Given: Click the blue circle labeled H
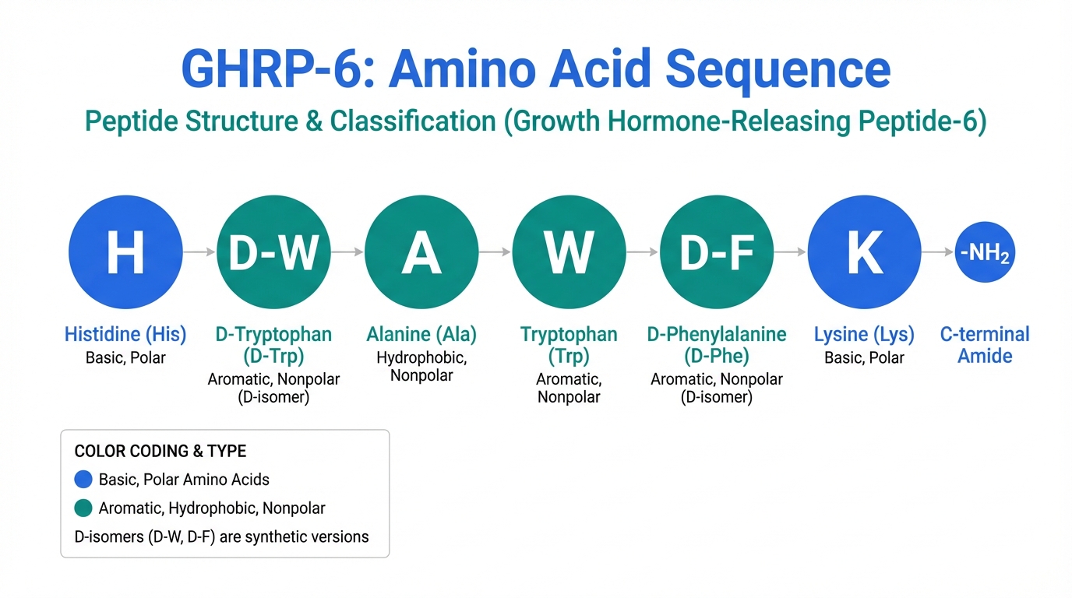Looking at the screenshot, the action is point(125,252).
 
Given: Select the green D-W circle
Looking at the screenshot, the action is point(273,252).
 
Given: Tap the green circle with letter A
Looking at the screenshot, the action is point(421,252).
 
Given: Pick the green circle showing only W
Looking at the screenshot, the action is point(569,252).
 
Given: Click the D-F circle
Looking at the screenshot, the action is point(717,252).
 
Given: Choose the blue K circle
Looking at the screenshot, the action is point(864,252).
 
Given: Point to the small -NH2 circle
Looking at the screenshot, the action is point(985,252).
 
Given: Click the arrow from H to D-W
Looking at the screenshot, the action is point(199,252).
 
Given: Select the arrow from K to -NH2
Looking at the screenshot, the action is point(938,252).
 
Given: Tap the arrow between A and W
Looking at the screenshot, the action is point(495,252).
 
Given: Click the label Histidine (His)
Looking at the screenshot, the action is point(125,334).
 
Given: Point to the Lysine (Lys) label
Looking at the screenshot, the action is point(864,334).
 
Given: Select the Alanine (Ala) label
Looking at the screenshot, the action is point(421,334).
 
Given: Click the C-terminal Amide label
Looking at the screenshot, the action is point(985,345).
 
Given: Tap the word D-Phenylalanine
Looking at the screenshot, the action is point(717,334).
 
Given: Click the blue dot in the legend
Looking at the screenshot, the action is point(83,480).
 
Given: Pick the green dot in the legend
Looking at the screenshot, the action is point(83,508).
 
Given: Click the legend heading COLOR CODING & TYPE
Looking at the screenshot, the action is point(160,451).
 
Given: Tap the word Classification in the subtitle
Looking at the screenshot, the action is point(413,121).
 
